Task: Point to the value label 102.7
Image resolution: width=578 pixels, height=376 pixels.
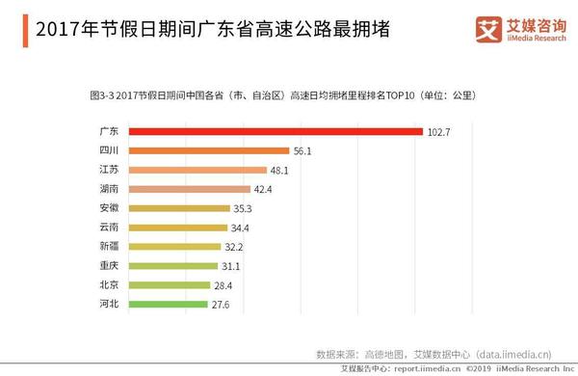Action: coord(440,132)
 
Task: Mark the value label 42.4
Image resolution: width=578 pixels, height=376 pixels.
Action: coord(266,189)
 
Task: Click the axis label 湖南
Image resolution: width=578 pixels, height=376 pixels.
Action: coord(109,189)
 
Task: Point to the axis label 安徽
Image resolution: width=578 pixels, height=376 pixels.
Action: coord(109,208)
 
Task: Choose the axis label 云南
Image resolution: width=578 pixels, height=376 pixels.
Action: coord(109,228)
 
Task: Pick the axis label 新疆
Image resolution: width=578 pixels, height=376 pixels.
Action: coord(109,247)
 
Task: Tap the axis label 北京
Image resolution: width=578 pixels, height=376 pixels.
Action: coord(109,284)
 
